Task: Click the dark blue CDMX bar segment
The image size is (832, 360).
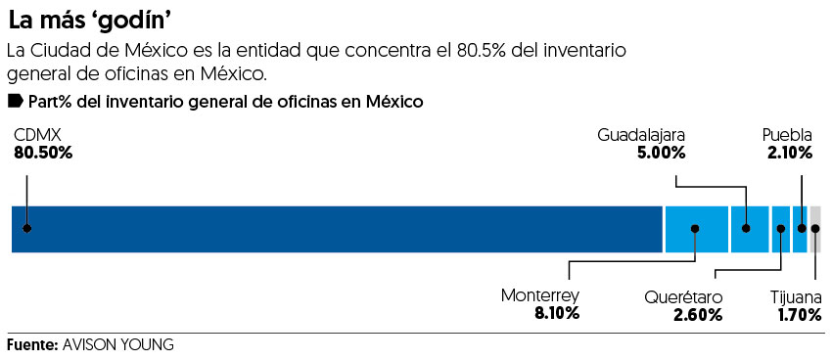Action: pyautogui.click(x=338, y=229)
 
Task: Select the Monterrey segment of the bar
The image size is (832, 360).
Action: pyautogui.click(x=696, y=229)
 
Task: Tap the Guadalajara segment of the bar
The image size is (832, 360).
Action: pyautogui.click(x=749, y=229)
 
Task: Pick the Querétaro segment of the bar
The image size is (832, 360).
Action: pyautogui.click(x=780, y=229)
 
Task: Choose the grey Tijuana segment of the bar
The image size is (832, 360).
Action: pyautogui.click(x=815, y=229)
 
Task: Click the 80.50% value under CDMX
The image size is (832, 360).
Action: pyautogui.click(x=43, y=154)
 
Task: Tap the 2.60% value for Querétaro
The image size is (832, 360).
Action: pyautogui.click(x=698, y=315)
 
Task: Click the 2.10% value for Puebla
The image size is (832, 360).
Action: pyautogui.click(x=788, y=154)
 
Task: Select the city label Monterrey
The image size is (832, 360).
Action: pyautogui.click(x=540, y=295)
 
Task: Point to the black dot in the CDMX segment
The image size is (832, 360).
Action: pyautogui.click(x=27, y=229)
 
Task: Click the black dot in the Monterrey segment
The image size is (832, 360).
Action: pyautogui.click(x=695, y=229)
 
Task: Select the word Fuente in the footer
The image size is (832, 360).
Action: pyautogui.click(x=30, y=345)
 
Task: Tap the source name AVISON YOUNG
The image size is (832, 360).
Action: pyautogui.click(x=117, y=345)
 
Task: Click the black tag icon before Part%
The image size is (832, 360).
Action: pyautogui.click(x=15, y=101)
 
